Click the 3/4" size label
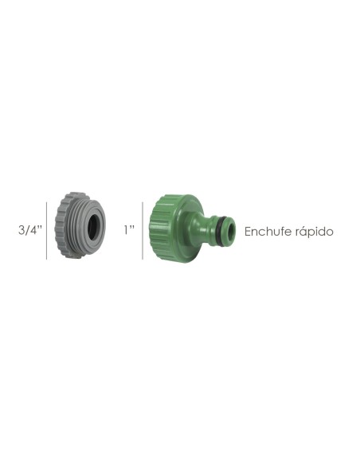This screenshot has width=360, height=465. [x=29, y=230]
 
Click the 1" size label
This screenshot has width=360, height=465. [x=129, y=230]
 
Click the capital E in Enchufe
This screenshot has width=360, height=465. [x=249, y=232]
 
